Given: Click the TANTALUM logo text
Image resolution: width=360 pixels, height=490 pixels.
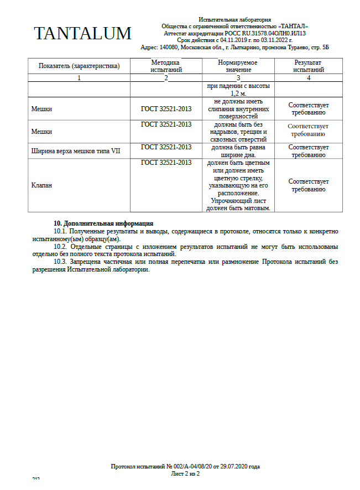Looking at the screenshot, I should point(82,33).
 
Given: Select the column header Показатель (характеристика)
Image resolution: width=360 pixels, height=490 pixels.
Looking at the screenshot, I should point(79,66).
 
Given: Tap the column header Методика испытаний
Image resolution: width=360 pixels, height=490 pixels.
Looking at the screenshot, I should point(166,66).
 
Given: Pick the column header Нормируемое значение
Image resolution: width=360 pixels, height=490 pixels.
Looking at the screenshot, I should point(238,66).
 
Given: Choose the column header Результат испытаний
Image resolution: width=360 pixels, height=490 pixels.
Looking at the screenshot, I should point(308,66).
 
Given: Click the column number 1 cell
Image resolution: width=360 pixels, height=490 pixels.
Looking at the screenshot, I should point(79,78).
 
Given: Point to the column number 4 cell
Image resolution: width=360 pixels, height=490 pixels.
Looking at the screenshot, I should point(309,78).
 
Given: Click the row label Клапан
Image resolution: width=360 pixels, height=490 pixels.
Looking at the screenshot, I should point(41,186).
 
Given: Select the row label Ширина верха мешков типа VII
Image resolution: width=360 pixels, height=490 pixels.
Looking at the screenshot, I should point(76,151).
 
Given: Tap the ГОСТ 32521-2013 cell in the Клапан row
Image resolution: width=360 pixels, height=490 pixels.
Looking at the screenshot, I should point(166,163).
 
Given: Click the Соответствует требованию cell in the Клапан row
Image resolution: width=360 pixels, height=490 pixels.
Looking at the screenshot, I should point(308,185).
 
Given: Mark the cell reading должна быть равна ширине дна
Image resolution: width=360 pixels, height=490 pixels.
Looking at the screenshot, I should point(238,151).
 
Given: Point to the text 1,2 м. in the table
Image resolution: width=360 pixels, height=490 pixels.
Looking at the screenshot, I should point(238,94).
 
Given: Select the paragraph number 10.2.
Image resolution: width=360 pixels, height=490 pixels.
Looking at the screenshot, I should point(60,247).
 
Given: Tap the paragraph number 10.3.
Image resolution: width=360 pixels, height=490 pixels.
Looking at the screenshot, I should point(60,262).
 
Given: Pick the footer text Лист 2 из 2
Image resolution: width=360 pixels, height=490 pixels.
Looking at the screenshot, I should point(185,474).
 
